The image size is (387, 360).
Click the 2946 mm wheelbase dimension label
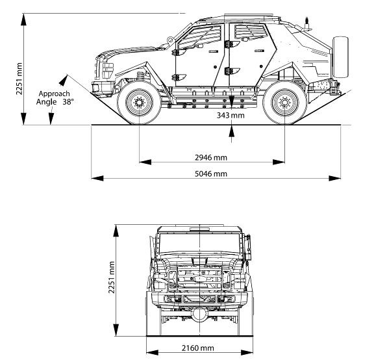click(x=211, y=157)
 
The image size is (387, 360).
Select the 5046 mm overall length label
click(x=211, y=174)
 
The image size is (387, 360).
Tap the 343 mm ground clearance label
click(x=231, y=115)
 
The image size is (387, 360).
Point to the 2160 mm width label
click(x=197, y=348)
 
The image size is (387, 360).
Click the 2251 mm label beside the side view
click(x=19, y=79)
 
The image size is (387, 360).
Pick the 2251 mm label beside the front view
click(x=112, y=277)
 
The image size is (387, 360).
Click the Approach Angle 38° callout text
click(x=55, y=97)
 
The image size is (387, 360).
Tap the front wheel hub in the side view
click(x=139, y=102)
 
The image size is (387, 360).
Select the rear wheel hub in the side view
click(x=284, y=102)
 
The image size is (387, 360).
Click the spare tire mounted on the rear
click(x=341, y=57)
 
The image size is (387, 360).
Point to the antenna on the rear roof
click(x=306, y=23)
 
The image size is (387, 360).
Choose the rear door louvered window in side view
click(x=251, y=31)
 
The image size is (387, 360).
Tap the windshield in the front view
click(x=199, y=244)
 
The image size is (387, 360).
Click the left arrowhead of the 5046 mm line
click(x=97, y=178)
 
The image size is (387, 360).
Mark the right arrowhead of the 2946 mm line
click(x=279, y=162)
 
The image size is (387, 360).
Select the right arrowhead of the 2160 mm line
click(x=247, y=352)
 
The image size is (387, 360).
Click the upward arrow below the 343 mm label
click(x=231, y=131)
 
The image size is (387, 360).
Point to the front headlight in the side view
click(x=107, y=70)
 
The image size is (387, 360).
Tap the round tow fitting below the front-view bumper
click(x=199, y=315)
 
